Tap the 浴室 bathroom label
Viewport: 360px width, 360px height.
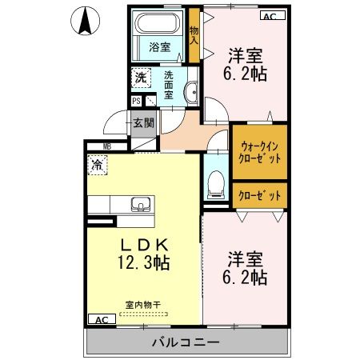[x=159, y=47]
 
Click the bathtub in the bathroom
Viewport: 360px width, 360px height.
[x=159, y=26]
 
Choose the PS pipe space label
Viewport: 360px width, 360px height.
[x=136, y=102]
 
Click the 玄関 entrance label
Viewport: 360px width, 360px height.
[x=143, y=124]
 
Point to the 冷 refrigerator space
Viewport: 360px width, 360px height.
[x=96, y=166]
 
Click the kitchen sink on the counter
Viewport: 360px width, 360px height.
[x=141, y=202]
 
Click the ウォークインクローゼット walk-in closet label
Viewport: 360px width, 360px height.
[x=260, y=152]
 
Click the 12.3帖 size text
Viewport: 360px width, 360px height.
[x=143, y=262]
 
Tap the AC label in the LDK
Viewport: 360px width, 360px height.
[x=101, y=319]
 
